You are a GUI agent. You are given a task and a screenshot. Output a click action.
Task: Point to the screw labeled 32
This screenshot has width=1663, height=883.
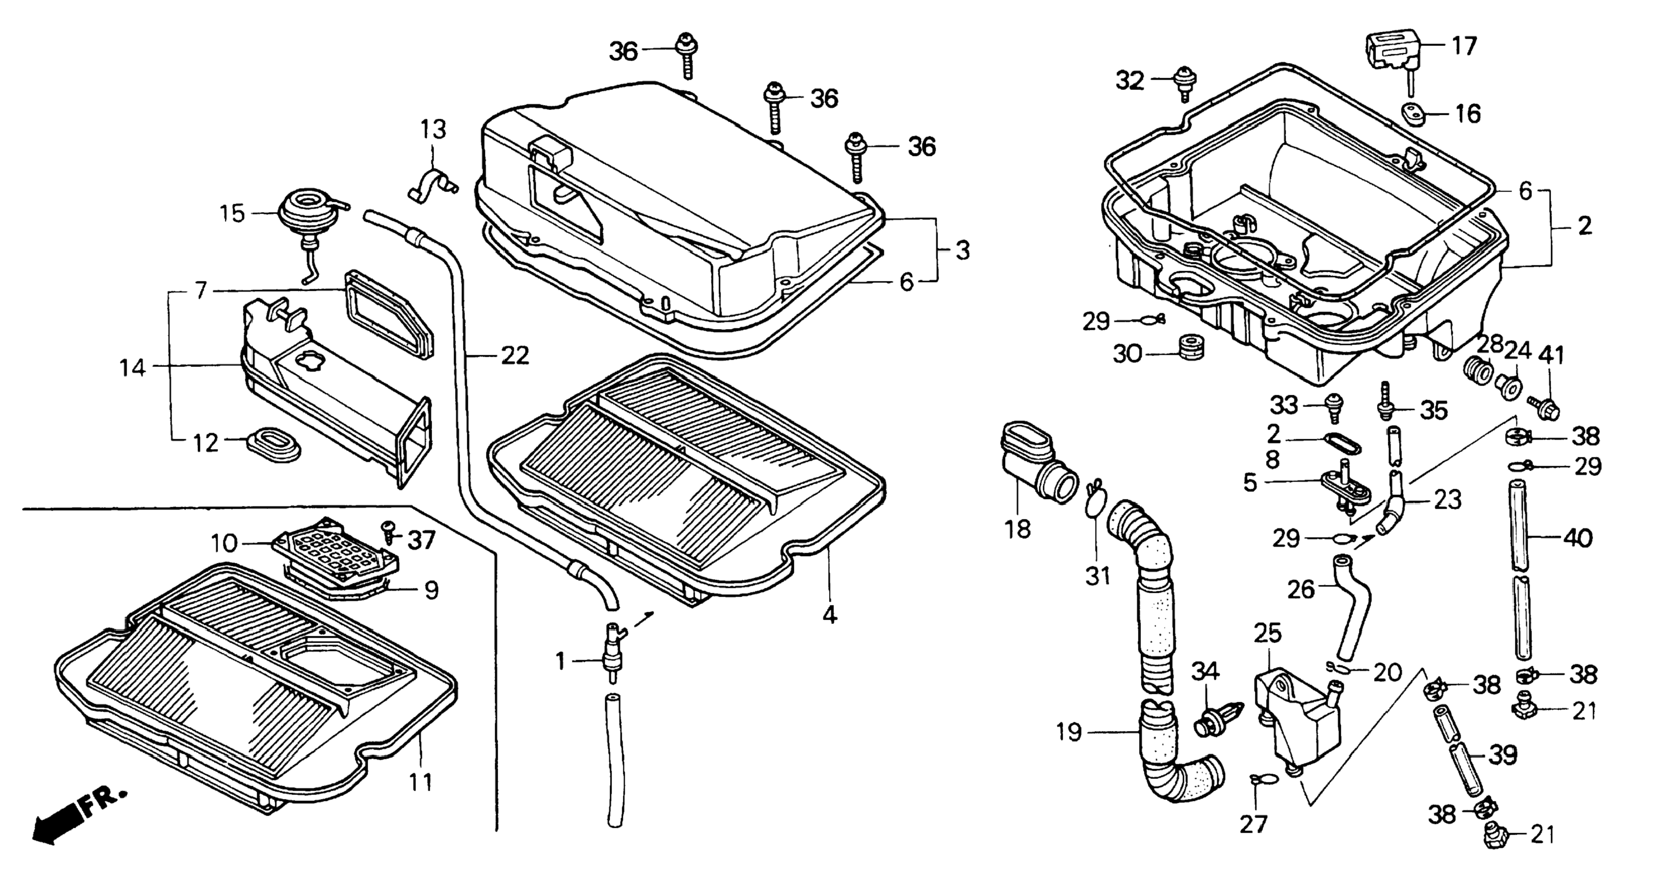[1184, 83]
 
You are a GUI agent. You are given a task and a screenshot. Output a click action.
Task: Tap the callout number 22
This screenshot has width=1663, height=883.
[515, 356]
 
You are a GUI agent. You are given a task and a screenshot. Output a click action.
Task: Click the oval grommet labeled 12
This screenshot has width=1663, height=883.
[274, 444]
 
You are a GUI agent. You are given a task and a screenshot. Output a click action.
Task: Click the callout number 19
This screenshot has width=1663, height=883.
[1069, 732]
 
